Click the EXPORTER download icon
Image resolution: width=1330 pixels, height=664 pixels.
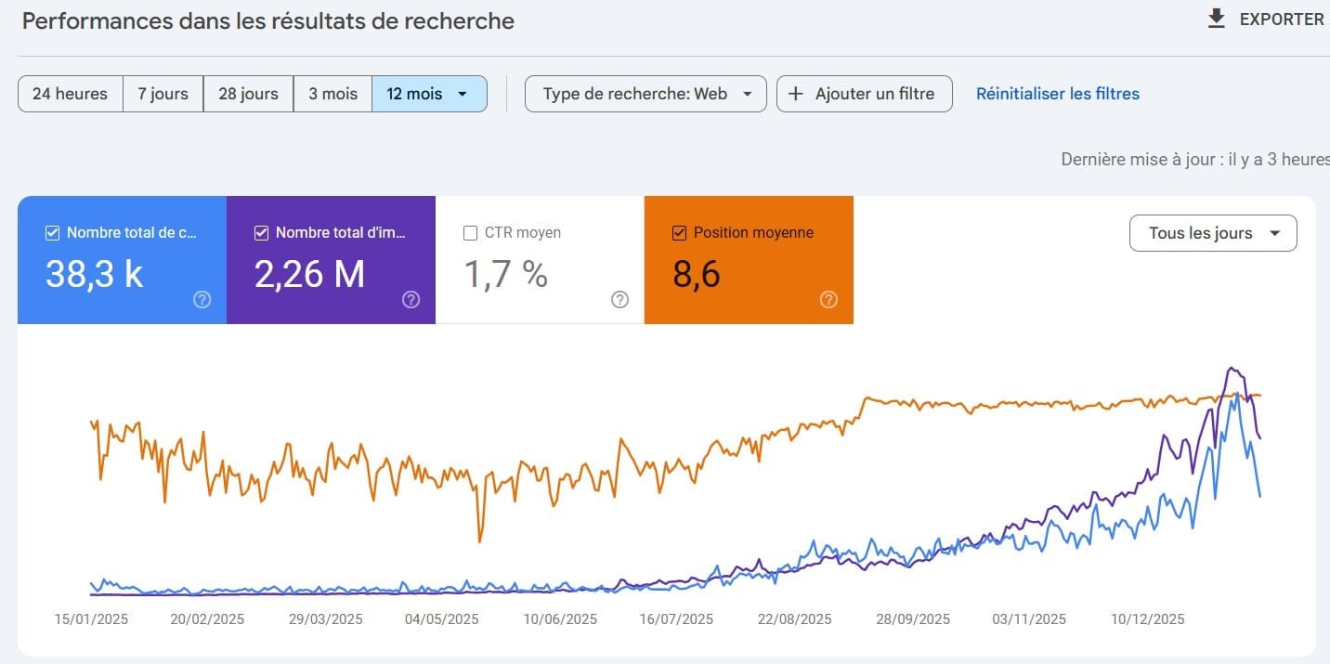pyautogui.click(x=1217, y=19)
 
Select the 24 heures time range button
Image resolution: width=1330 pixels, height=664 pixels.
pyautogui.click(x=70, y=94)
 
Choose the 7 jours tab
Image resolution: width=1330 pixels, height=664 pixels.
pyautogui.click(x=163, y=94)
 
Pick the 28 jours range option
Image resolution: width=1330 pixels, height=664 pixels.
pyautogui.click(x=248, y=94)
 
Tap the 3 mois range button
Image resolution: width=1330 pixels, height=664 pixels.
pyautogui.click(x=332, y=94)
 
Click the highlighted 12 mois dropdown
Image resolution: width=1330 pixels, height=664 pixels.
pyautogui.click(x=428, y=94)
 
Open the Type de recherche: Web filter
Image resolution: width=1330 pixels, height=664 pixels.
pyautogui.click(x=645, y=94)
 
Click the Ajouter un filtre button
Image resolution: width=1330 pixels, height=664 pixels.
pyautogui.click(x=864, y=94)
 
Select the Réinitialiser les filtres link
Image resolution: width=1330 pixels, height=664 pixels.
pyautogui.click(x=1057, y=94)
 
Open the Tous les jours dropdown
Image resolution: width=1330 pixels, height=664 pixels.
pyautogui.click(x=1212, y=233)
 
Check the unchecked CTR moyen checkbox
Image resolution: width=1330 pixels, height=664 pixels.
pyautogui.click(x=470, y=233)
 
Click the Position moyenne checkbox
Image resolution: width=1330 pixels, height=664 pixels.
pyautogui.click(x=679, y=233)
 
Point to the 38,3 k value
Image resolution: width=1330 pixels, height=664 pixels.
pyautogui.click(x=94, y=274)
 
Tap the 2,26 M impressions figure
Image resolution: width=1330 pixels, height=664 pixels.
pyautogui.click(x=309, y=274)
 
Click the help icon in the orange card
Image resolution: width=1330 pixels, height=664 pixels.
pyautogui.click(x=828, y=299)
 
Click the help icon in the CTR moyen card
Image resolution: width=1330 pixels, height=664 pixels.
pyautogui.click(x=619, y=299)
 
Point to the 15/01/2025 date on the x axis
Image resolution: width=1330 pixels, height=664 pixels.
pyautogui.click(x=91, y=619)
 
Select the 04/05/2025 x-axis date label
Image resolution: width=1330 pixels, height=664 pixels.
pyautogui.click(x=441, y=619)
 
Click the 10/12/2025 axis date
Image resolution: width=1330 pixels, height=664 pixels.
pyautogui.click(x=1147, y=619)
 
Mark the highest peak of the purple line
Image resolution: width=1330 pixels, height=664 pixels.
pyautogui.click(x=1231, y=368)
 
